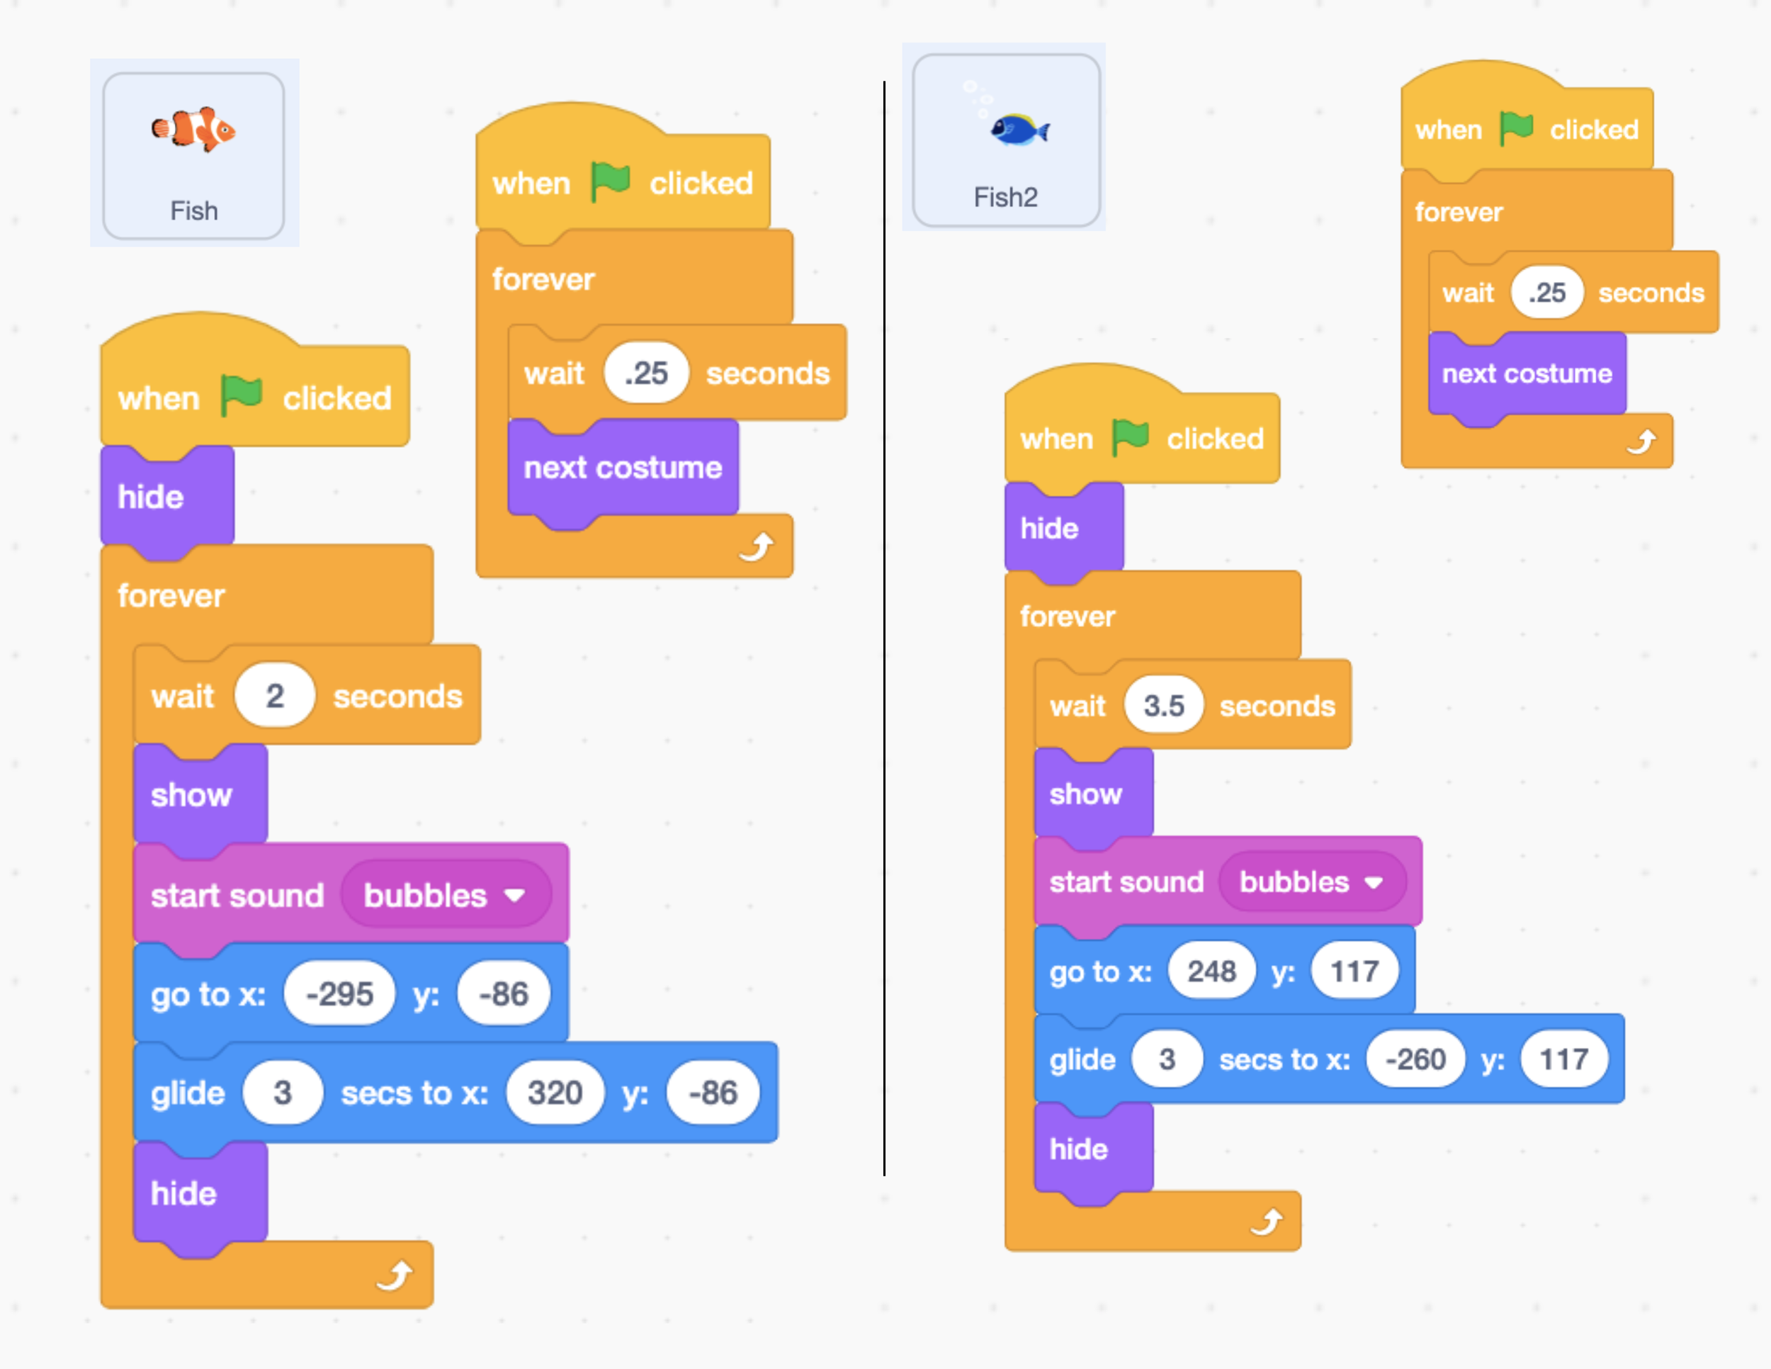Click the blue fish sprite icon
pos(1019,129)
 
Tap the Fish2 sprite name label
pos(1005,197)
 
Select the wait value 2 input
pos(275,696)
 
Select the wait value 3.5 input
pos(1164,706)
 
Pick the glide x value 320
pos(555,1093)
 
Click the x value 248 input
pos(1211,971)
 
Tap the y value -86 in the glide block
pos(713,1093)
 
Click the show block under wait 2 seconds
pos(192,795)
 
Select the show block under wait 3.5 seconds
pos(1086,794)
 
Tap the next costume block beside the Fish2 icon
pos(1527,374)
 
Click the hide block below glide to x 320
pos(184,1194)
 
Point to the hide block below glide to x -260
pos(1078,1149)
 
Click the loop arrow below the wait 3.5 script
pos(1266,1222)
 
